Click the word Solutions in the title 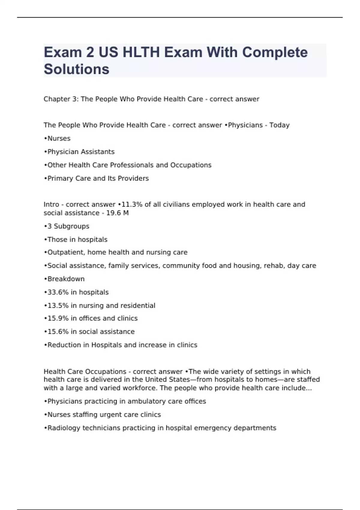tap(76, 69)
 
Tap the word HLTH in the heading tap(141, 52)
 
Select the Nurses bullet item tap(57, 139)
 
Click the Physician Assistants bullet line tap(79, 152)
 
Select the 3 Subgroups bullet tap(67, 226)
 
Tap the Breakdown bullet tap(64, 279)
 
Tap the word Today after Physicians tap(279, 125)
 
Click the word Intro tap(51, 205)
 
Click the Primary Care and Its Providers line tap(96, 178)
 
